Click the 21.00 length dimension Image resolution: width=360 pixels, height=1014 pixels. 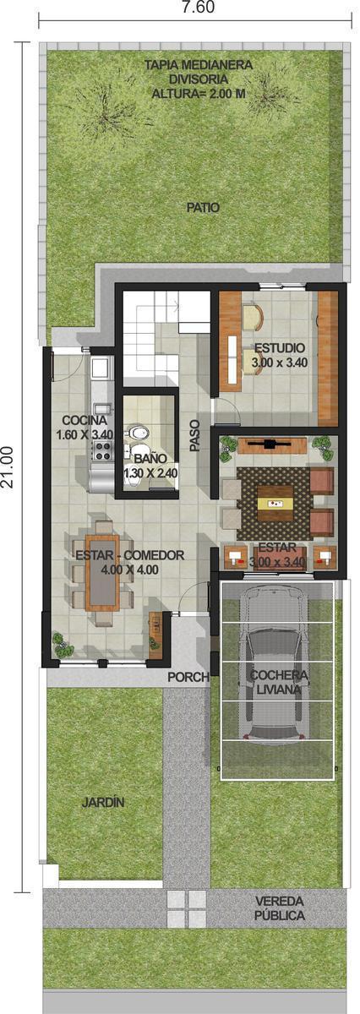pos(8,466)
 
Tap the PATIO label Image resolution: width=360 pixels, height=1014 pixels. pos(204,208)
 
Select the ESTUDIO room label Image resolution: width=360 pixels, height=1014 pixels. pos(280,348)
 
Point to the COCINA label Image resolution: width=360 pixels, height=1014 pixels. pos(85,420)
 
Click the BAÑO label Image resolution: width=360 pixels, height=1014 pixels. pos(150,459)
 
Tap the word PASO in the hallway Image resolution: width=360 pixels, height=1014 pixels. pos(194,436)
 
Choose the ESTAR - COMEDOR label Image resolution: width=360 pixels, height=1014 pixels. pos(129,555)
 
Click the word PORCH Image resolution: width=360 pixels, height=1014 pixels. pos(188,678)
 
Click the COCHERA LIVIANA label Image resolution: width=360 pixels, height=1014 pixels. pos(279,683)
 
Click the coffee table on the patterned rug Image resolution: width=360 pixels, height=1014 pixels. pos(275,504)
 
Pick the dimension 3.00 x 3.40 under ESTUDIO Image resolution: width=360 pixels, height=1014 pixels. pos(280,363)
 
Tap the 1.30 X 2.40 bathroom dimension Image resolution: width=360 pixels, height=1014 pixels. pos(150,473)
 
